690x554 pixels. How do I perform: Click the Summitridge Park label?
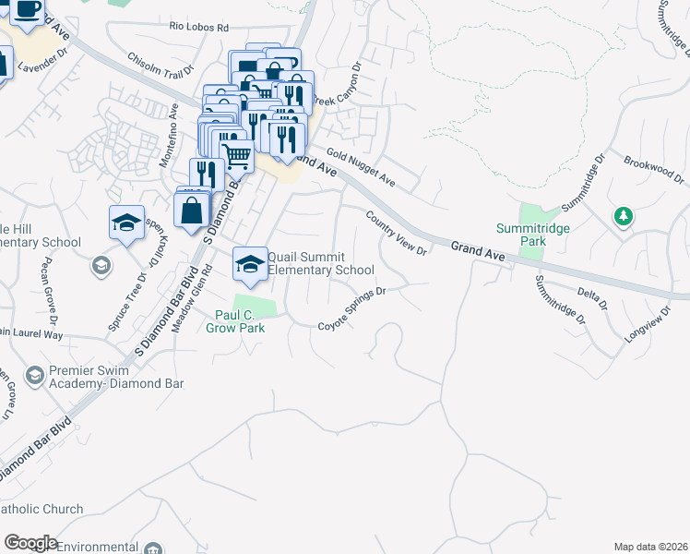click(532, 235)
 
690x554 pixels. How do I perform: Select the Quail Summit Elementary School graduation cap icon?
click(248, 264)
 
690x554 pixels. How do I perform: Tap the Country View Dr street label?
click(397, 233)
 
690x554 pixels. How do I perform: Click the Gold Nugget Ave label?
click(360, 166)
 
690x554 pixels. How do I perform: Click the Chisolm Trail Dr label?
click(161, 65)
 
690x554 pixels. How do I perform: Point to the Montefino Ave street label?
click(170, 135)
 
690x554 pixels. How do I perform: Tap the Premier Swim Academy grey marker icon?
click(35, 374)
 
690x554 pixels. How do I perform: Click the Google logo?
click(30, 543)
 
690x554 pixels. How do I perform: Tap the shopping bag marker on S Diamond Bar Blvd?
click(191, 210)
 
